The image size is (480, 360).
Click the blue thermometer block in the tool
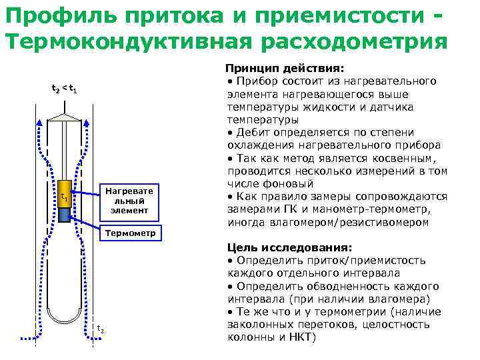point(65,215)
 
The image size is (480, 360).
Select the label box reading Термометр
point(131,233)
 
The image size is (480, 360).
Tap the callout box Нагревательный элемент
point(129,201)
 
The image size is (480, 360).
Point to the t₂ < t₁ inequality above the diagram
point(65,89)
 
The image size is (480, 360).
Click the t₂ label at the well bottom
point(100,329)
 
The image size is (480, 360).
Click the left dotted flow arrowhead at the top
point(39,122)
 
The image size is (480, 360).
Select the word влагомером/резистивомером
point(360,222)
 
